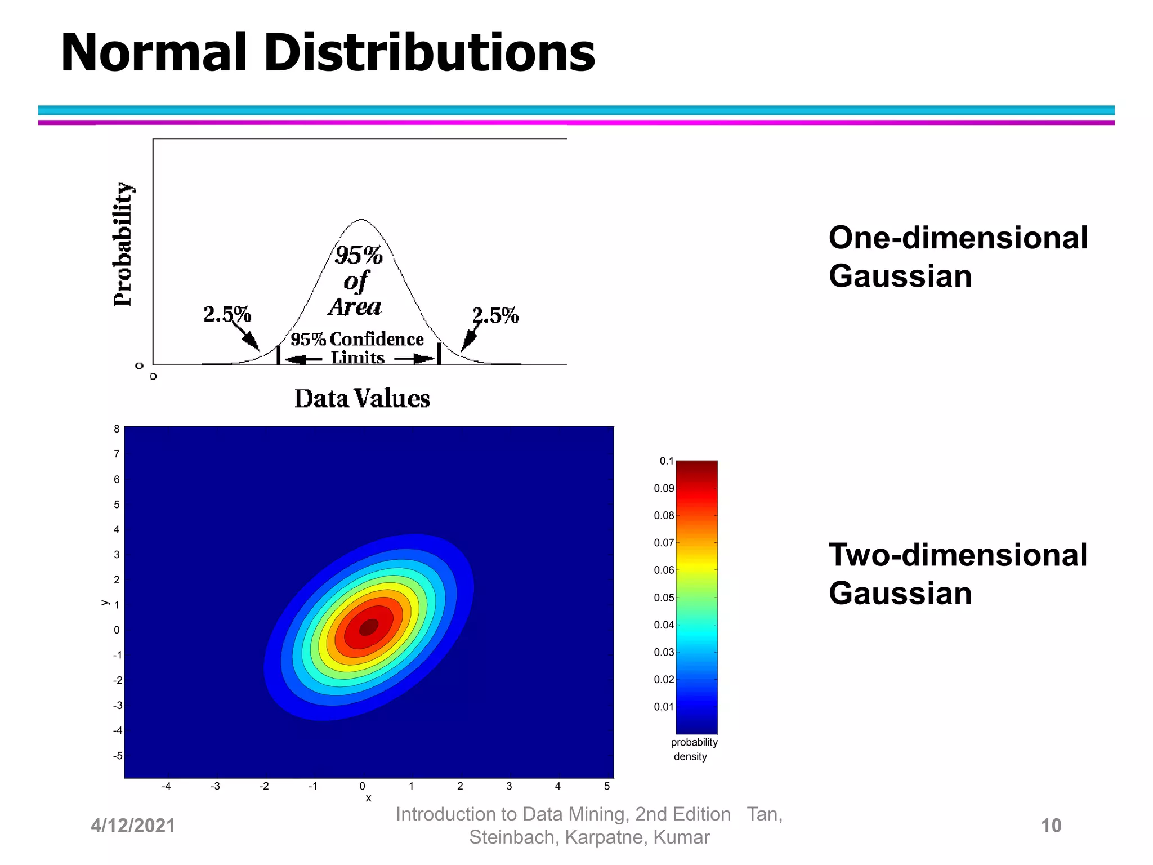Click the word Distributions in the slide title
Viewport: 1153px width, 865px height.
click(x=429, y=53)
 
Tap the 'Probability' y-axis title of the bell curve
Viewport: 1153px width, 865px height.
click(x=123, y=244)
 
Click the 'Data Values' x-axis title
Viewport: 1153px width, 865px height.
click(x=362, y=399)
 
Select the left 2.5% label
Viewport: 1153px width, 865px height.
click(x=227, y=314)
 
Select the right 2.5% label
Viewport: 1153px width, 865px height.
click(x=495, y=315)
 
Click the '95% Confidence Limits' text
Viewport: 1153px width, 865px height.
click(x=357, y=347)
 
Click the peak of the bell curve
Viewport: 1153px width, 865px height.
click(x=361, y=220)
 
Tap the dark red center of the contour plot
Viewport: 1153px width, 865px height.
click(x=369, y=626)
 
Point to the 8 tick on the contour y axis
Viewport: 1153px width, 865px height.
click(x=117, y=429)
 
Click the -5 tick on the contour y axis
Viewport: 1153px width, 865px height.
click(x=117, y=756)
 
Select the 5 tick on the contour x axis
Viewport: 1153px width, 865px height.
click(x=607, y=786)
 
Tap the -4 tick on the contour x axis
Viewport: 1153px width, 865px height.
click(x=166, y=786)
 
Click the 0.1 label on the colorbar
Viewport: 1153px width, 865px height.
click(x=666, y=461)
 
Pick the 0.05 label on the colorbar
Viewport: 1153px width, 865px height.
click(x=664, y=598)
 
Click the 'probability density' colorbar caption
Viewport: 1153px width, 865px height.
click(x=694, y=749)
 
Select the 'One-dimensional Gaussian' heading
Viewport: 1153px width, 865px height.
click(x=957, y=256)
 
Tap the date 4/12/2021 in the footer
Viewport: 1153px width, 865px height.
click(x=133, y=826)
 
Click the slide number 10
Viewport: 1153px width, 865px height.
click(x=1051, y=826)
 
